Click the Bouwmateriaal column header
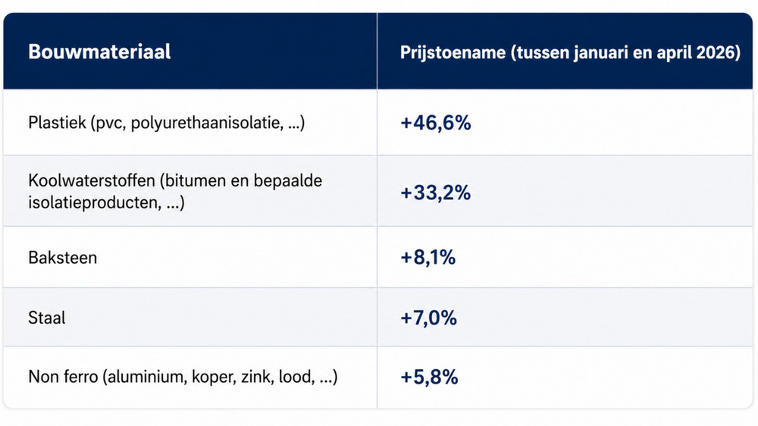[99, 52]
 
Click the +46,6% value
[436, 123]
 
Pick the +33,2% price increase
[436, 193]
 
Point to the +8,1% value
[428, 257]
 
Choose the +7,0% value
[428, 318]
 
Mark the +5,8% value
[429, 377]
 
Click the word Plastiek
[57, 122]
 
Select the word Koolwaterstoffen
[92, 181]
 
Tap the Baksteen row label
[63, 258]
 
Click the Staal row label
[46, 318]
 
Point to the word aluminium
[147, 376]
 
